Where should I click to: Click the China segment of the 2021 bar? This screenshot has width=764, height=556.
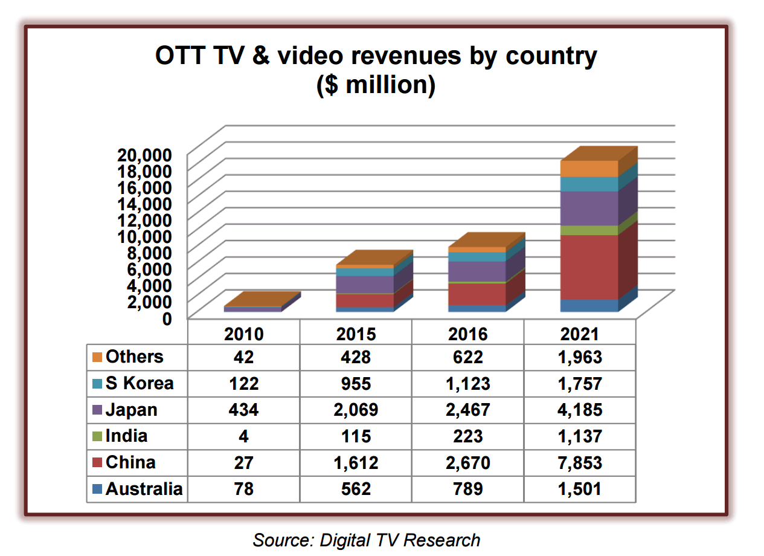589,267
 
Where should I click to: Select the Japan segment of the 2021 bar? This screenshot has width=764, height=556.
589,208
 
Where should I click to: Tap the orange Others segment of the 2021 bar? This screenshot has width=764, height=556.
589,169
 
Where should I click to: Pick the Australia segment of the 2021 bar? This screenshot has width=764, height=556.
589,305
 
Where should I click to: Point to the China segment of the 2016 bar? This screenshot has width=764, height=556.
477,294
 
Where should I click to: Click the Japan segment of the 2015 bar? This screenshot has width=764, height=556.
365,284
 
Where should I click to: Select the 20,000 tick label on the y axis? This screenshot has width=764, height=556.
150,154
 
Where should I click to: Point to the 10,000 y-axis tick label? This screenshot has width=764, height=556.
150,236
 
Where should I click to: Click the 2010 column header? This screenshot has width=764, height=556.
244,334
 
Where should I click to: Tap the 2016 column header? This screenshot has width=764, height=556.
468,334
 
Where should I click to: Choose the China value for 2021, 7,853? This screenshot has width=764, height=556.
580,463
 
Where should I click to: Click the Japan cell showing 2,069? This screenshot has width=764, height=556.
356,410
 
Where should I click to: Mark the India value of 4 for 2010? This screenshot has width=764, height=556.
244,436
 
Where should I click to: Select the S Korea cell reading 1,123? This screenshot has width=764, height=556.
468,383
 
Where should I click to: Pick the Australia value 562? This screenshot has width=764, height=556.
356,488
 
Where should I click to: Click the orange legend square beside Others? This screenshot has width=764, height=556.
97,357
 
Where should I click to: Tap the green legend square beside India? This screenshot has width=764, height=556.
97,436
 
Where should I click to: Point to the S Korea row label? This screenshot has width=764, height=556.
140,383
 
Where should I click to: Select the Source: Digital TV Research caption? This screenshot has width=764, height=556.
367,540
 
